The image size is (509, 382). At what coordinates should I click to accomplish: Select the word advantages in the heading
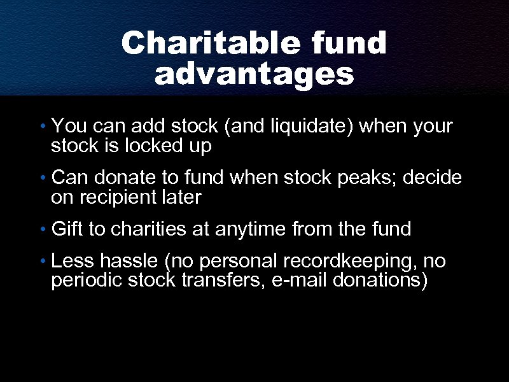click(x=254, y=74)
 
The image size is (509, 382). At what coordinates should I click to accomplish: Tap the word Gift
click(x=67, y=229)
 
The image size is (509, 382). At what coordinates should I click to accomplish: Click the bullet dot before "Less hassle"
click(x=41, y=262)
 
